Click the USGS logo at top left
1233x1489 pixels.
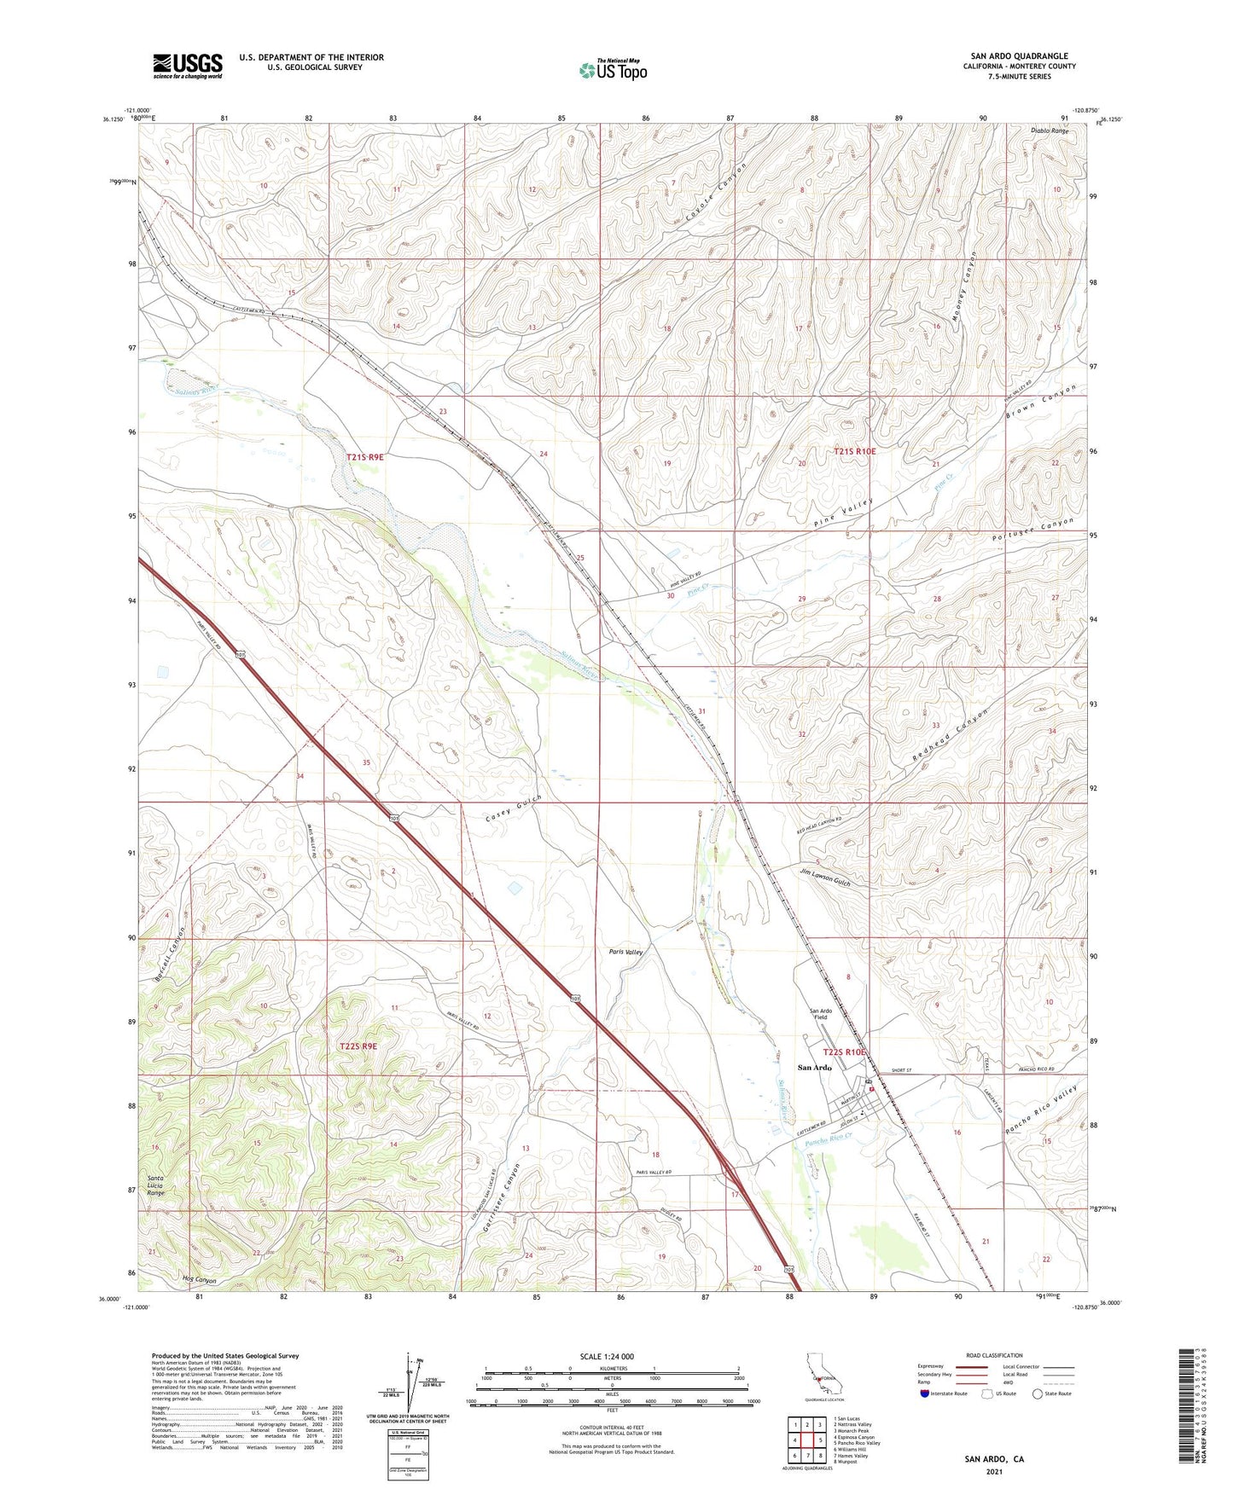[188, 66]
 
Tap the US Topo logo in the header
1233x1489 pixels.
[612, 70]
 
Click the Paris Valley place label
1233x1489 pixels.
[625, 952]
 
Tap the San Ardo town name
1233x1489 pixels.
[814, 1067]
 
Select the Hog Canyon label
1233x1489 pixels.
[199, 1281]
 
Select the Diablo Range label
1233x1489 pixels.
[1050, 131]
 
